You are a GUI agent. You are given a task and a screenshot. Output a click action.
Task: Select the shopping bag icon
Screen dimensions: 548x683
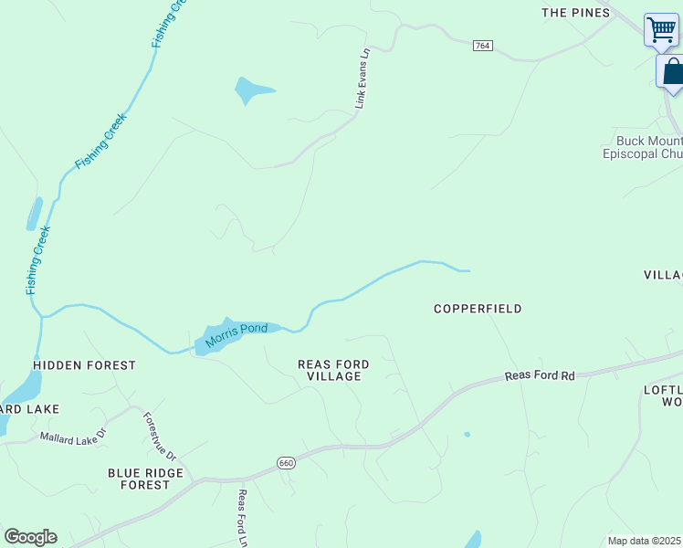click(672, 71)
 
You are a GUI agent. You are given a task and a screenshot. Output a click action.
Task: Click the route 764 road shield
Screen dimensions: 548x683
click(483, 46)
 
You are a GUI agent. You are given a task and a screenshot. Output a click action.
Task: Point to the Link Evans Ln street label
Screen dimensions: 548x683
click(363, 79)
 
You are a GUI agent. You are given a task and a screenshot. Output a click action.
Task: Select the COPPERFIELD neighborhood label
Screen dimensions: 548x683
click(478, 309)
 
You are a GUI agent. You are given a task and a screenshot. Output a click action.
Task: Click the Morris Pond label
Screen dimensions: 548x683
click(236, 335)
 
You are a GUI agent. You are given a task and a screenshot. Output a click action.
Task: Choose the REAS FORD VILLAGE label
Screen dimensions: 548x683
click(333, 370)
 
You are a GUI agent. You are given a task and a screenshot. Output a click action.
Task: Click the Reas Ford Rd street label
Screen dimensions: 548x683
click(541, 375)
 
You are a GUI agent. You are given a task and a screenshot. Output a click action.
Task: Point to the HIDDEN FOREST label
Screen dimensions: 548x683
click(84, 365)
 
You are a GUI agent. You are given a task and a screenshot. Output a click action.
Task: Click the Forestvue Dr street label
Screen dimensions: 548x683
click(160, 437)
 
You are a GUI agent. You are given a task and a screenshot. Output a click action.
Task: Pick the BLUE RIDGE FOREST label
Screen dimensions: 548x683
click(145, 479)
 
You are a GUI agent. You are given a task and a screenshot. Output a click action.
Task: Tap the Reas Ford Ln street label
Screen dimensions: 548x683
click(243, 518)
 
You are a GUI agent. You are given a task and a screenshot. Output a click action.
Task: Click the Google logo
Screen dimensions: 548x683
click(30, 537)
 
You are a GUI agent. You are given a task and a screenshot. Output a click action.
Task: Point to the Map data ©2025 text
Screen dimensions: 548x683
click(644, 541)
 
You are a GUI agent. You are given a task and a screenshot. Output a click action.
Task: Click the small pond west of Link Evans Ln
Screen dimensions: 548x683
click(249, 90)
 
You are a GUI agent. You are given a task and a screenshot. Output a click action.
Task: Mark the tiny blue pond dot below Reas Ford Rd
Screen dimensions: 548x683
click(467, 434)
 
